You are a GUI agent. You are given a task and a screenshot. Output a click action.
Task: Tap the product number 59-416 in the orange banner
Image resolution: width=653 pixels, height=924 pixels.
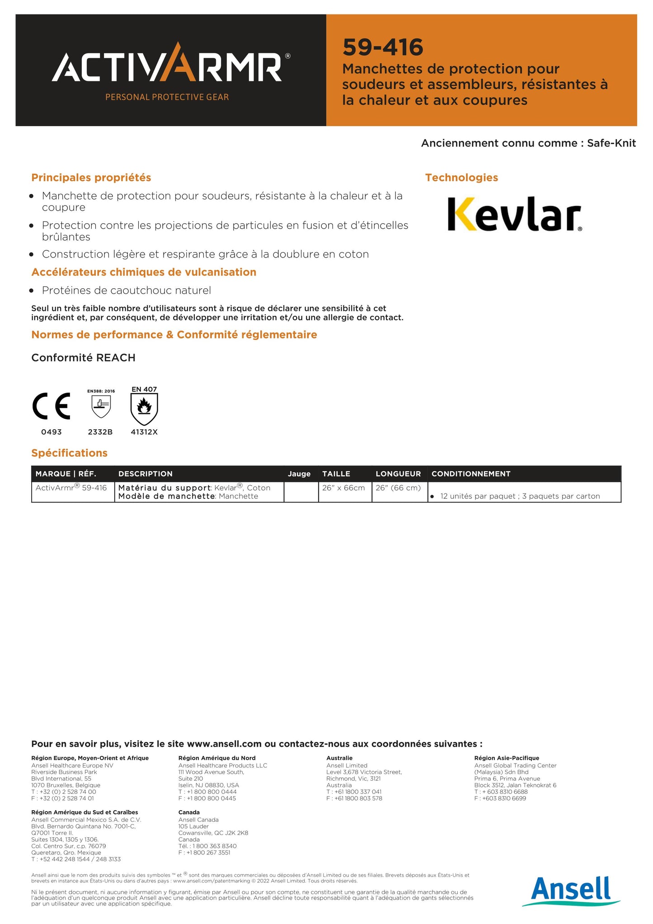coord(383,47)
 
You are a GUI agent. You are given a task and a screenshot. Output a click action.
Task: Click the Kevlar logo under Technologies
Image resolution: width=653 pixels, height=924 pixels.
coord(514,214)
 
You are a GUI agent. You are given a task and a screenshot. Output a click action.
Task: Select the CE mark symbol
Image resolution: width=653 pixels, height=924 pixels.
coord(52,406)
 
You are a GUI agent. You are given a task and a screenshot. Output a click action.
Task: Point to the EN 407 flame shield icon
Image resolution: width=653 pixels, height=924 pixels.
coord(144,408)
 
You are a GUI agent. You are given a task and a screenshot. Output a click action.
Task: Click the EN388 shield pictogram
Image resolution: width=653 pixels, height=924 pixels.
coord(101,406)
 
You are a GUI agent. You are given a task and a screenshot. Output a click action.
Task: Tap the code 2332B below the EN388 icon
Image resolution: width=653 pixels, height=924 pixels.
coord(100,432)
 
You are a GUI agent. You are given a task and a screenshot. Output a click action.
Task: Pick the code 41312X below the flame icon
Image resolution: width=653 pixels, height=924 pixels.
coord(144,432)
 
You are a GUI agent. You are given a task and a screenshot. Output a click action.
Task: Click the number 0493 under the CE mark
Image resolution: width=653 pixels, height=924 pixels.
coord(52,432)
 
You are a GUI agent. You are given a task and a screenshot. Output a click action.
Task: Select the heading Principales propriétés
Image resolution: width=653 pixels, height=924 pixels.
coord(91,178)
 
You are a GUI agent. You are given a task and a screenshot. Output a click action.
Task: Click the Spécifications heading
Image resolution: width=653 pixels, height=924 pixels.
coord(69,453)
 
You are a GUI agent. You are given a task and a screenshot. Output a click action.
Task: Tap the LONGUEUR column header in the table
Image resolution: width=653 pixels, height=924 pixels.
coord(398,474)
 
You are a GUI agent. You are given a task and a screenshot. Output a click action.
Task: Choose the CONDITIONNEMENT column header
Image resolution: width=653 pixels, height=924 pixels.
coord(471,474)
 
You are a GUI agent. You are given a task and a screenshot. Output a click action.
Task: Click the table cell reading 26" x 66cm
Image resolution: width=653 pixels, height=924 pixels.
coord(343,488)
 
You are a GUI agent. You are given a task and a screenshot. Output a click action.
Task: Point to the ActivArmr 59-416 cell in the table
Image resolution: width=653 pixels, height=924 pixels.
coord(71,488)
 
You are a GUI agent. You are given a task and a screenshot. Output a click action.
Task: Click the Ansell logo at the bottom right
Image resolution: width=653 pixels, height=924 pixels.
coord(571,890)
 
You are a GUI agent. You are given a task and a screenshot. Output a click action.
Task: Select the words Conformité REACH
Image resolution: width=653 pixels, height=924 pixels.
coord(84,358)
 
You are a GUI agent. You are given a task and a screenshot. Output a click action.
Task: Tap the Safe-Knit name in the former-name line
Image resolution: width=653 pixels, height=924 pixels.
coord(611,143)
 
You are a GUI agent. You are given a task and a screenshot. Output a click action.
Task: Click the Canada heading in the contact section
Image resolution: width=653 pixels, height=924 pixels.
coord(189,812)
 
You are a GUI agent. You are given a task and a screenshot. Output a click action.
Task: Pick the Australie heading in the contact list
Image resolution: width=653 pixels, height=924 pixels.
coord(339,758)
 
